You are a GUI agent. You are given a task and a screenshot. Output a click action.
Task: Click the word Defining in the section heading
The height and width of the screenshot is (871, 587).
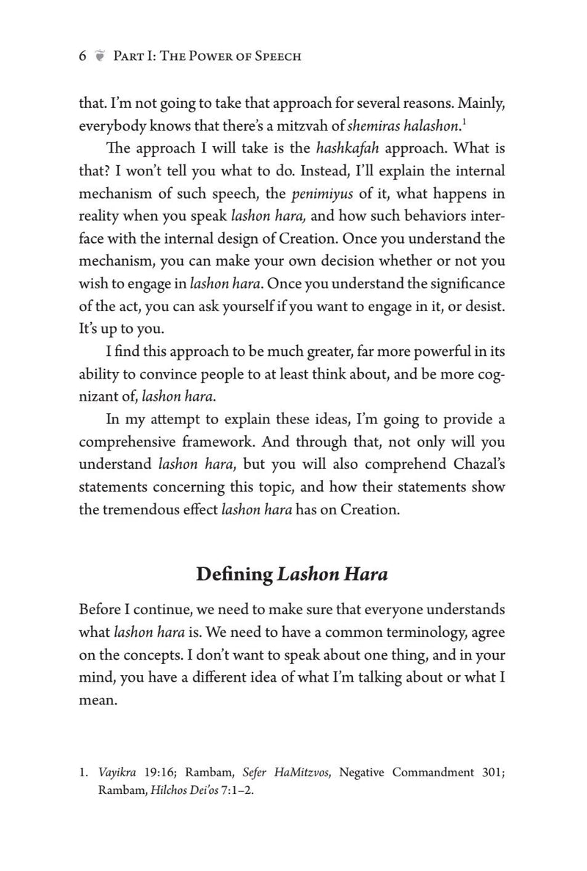tap(235, 575)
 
